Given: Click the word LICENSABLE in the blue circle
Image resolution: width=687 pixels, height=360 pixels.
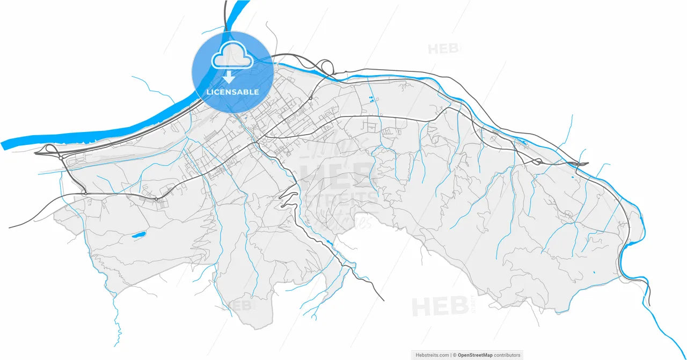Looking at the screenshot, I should tap(232, 92).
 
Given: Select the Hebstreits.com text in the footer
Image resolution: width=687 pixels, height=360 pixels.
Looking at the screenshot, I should tap(433, 355).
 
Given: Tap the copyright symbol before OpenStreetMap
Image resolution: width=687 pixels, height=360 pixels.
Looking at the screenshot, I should tap(454, 355).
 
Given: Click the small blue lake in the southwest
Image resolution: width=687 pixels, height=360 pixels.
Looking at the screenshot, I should tap(138, 234).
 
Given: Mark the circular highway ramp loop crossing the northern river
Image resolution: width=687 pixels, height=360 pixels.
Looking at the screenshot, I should tap(325, 67).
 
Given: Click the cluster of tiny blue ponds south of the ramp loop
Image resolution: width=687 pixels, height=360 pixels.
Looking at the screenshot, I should tap(371, 98).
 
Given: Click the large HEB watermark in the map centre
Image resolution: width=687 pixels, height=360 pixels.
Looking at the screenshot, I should tap(335, 177).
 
